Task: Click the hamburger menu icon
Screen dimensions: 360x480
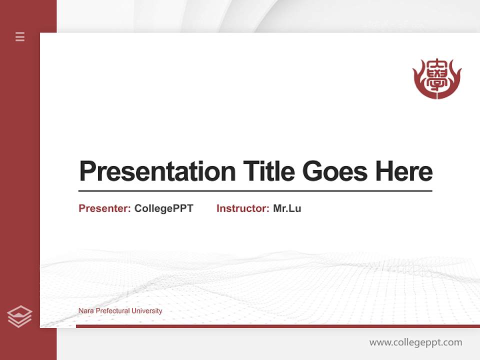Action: [20, 36]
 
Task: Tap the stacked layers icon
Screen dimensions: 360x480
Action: [19, 316]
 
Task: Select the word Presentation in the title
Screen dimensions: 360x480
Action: [157, 171]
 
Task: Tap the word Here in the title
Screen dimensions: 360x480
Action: [404, 171]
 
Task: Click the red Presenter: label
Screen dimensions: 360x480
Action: [104, 208]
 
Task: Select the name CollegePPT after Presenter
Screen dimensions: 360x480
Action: [163, 208]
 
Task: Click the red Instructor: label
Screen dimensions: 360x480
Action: [242, 208]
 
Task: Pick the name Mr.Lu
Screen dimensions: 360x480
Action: [287, 208]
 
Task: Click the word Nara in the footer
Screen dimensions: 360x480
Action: [85, 310]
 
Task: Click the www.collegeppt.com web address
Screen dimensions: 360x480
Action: [415, 342]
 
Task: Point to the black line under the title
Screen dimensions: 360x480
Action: [255, 191]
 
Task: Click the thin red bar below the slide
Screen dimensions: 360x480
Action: [277, 326]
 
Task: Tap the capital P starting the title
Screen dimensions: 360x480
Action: [87, 171]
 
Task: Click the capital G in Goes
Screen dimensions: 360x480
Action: [312, 171]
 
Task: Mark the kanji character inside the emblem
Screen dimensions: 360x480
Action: [437, 76]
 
